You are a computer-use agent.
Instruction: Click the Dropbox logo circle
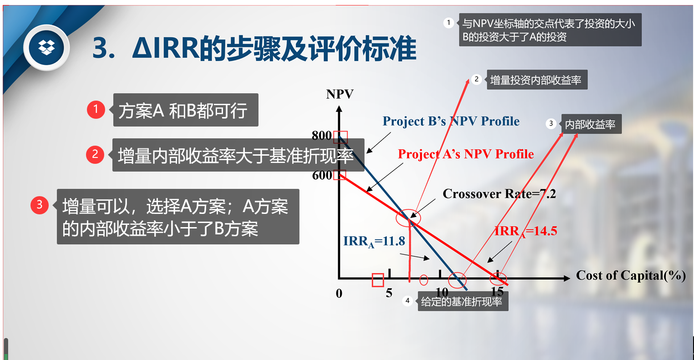tap(46, 48)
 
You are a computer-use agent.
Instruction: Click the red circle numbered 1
tap(96, 109)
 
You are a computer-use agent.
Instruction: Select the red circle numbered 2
tap(95, 154)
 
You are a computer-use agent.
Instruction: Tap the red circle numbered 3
tap(39, 205)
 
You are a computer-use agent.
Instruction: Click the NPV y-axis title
tap(339, 94)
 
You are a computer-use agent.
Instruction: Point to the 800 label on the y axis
tap(322, 135)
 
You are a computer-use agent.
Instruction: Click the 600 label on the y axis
tap(322, 175)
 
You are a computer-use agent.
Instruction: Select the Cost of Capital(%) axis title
tap(631, 275)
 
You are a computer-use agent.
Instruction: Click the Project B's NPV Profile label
tap(451, 121)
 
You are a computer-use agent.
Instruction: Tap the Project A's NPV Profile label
tap(466, 154)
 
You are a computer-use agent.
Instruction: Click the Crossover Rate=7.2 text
tap(499, 194)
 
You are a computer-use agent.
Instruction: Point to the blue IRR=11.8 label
tap(374, 242)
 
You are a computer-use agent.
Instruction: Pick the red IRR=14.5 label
tap(526, 231)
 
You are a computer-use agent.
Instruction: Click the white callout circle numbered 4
tap(407, 300)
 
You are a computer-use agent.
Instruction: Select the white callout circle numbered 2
tap(476, 79)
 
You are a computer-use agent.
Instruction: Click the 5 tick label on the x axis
tap(389, 293)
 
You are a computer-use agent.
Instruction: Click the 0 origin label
tap(339, 293)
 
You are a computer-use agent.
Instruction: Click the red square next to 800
tap(340, 137)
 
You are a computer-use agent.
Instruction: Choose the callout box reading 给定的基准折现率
tap(463, 301)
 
